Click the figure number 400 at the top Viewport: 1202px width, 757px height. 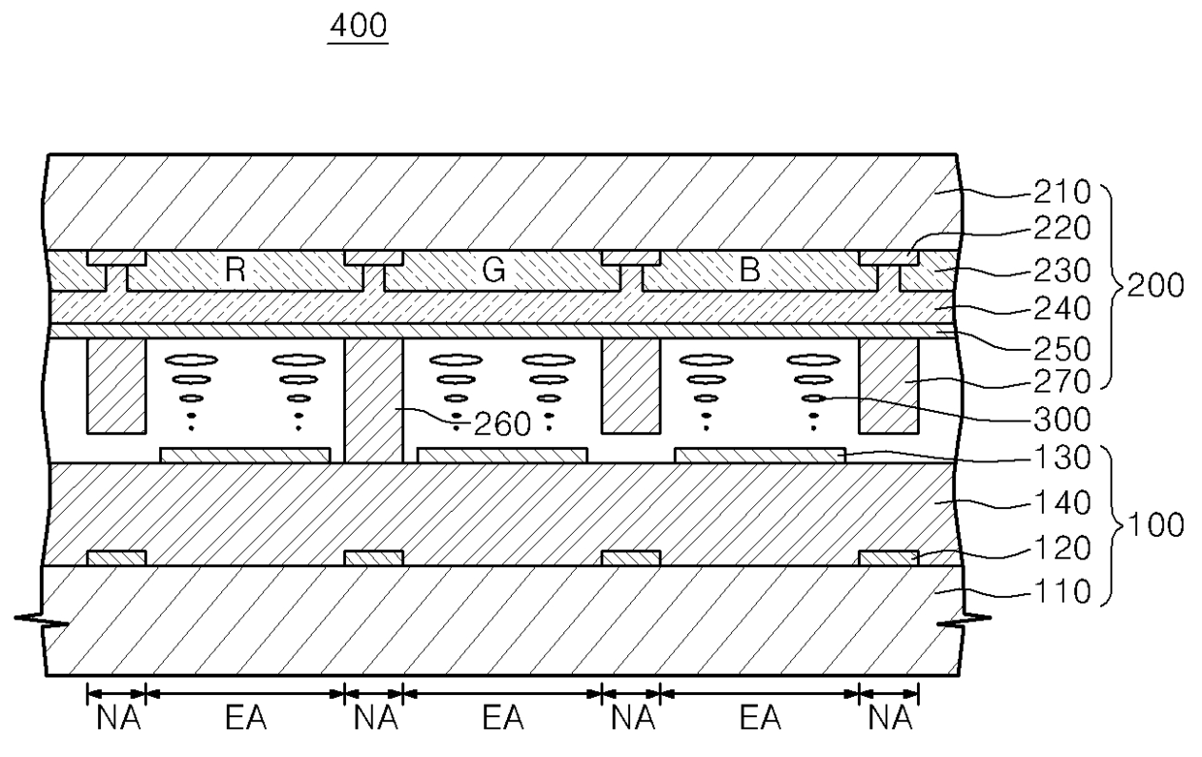[x=359, y=29]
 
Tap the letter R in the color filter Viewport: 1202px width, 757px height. [x=234, y=270]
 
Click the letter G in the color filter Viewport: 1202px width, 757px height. [x=494, y=270]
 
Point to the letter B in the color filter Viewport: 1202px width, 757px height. [x=749, y=270]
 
